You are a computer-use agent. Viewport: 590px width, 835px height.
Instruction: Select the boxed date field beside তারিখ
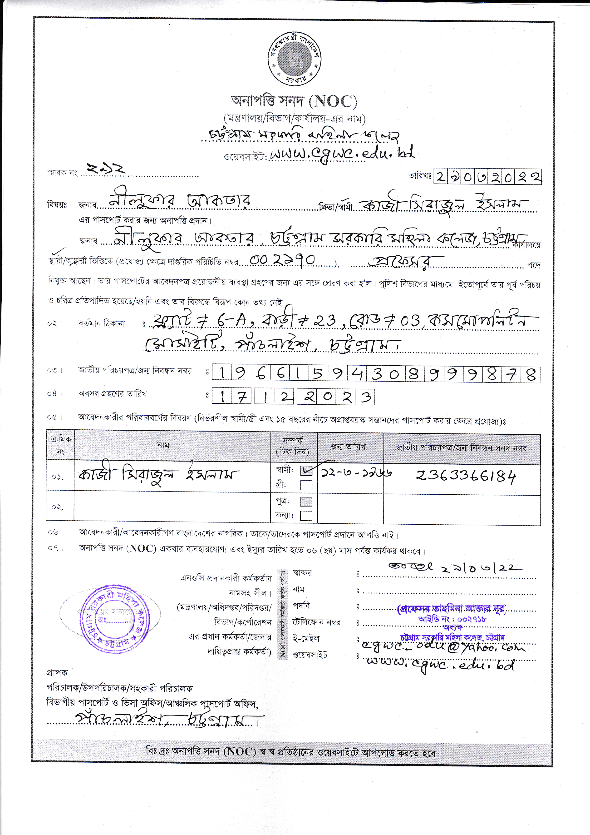click(x=488, y=177)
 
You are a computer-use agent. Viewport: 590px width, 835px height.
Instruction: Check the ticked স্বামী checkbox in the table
click(x=306, y=471)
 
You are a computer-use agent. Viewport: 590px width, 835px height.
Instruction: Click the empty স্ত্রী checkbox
click(x=306, y=485)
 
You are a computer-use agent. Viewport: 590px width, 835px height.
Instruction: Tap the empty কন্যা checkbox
click(x=306, y=516)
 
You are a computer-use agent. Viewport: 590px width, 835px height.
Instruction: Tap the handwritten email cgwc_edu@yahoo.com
click(x=443, y=647)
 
